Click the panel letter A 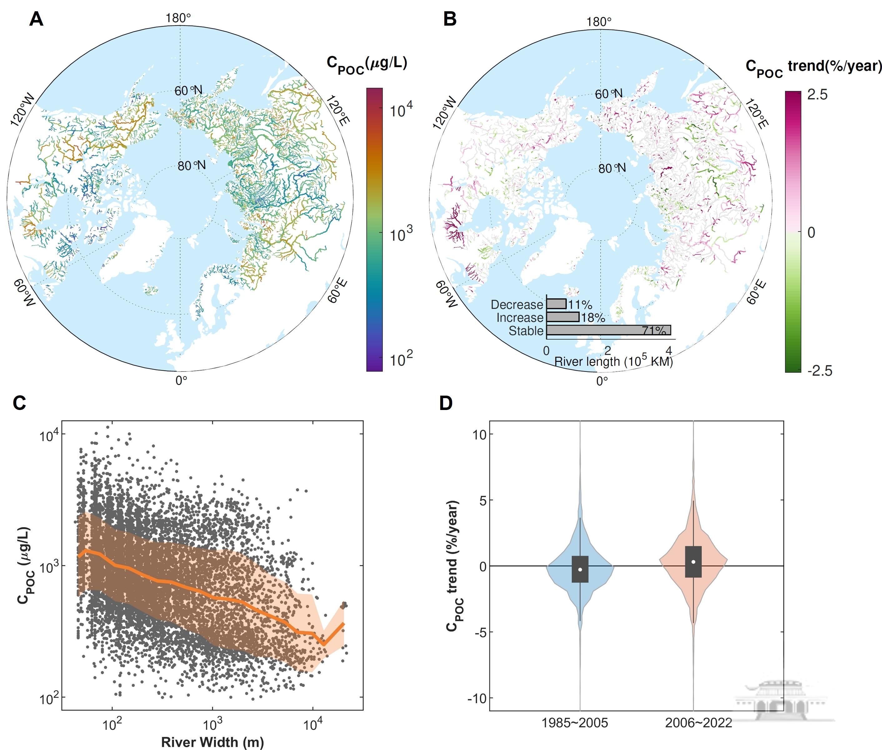36,19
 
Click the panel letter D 446,403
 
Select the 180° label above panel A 178,18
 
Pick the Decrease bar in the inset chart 556,303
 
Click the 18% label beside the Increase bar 593,317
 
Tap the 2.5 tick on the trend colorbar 817,95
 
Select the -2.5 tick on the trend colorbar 820,370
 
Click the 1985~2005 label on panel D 574,723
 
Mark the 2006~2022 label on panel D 698,723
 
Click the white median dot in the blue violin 580,569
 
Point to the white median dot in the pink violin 693,562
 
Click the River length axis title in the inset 613,361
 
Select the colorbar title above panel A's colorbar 366,64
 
